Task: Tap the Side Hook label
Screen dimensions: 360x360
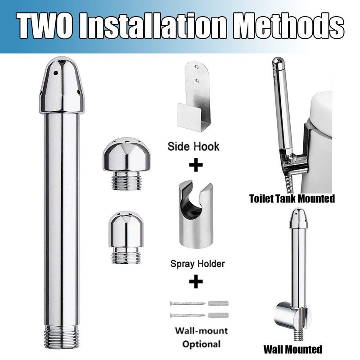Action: [193, 147]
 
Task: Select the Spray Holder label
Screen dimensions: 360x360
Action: [198, 264]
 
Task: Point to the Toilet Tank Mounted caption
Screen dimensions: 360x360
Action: [292, 199]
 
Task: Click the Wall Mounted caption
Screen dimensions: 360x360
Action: [292, 350]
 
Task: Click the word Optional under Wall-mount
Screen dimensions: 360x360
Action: [201, 344]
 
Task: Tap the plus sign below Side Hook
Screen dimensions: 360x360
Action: [196, 165]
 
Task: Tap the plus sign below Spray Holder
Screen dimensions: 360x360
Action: [196, 282]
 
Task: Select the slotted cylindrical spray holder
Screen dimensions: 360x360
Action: [196, 216]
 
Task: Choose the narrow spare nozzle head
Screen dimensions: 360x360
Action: [126, 237]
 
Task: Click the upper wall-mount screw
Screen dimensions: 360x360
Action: [188, 303]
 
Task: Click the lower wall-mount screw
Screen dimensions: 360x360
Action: [188, 315]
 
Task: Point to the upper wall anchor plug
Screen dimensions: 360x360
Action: [218, 303]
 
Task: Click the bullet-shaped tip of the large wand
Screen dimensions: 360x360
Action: [62, 85]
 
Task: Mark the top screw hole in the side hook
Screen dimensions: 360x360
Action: [196, 67]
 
